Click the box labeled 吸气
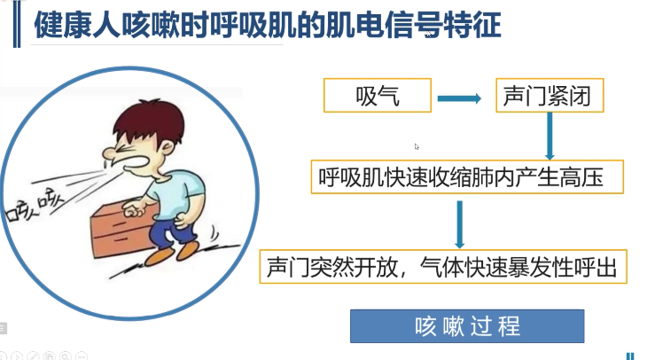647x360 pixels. pos(378,96)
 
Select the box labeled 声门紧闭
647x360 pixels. pos(550,96)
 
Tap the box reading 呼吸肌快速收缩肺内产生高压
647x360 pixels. pos(467,176)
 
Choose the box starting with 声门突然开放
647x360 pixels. pos(443,266)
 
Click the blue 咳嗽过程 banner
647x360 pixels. pos(467,326)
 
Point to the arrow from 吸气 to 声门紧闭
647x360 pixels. pos(459,98)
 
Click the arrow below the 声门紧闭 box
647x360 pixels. pos(550,136)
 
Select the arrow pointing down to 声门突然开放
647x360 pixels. pos(460,224)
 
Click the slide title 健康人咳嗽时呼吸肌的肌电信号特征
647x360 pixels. pos(268,25)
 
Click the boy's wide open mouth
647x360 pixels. pos(136,162)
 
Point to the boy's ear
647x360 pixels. pos(168,146)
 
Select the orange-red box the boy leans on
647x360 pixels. pos(120,231)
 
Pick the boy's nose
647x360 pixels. pos(109,153)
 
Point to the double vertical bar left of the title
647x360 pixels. pos(17,24)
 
